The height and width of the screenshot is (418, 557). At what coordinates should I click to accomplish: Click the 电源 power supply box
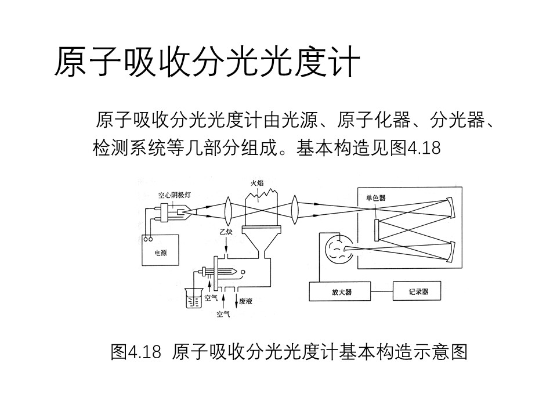coord(160,250)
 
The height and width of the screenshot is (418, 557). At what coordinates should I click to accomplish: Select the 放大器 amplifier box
coord(340,291)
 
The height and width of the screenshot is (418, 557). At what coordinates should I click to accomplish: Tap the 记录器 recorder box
coord(417,291)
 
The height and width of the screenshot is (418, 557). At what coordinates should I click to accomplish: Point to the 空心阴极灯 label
coord(175,195)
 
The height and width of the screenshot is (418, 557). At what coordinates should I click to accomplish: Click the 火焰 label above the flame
coord(257,183)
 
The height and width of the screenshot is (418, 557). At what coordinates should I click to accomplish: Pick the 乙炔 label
coord(226,232)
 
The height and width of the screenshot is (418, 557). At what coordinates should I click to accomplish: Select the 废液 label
coord(246,301)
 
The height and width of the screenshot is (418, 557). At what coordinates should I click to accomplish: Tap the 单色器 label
coord(376,198)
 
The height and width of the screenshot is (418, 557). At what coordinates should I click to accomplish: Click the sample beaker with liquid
coord(194,298)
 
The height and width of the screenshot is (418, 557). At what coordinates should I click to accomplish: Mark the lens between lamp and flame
coord(228,210)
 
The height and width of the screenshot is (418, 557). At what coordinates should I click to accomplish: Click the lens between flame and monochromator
coord(295,210)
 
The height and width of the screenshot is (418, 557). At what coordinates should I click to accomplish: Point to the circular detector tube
coord(338,250)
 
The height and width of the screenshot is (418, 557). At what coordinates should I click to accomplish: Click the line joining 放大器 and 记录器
coord(382,291)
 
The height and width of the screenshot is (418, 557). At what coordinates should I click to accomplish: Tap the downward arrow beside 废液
coord(236,301)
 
